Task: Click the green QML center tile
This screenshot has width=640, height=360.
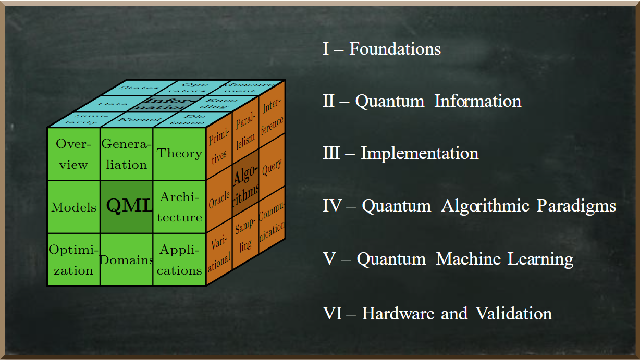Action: (127, 206)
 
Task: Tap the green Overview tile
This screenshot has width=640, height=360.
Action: (73, 154)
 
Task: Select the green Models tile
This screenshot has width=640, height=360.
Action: (73, 207)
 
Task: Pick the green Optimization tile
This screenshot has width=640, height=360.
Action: (73, 259)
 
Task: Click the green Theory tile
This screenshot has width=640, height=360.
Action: (179, 154)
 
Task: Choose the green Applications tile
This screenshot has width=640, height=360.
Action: (179, 259)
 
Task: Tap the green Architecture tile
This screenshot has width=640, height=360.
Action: (179, 207)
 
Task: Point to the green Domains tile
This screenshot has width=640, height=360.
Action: (127, 259)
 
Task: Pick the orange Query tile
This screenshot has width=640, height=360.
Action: (272, 167)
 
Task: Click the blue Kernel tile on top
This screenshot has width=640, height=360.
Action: (133, 120)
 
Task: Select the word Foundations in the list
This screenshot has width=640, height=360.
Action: (395, 49)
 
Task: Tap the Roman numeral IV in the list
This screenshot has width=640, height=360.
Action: (331, 206)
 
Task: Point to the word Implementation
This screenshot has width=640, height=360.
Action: (420, 154)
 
